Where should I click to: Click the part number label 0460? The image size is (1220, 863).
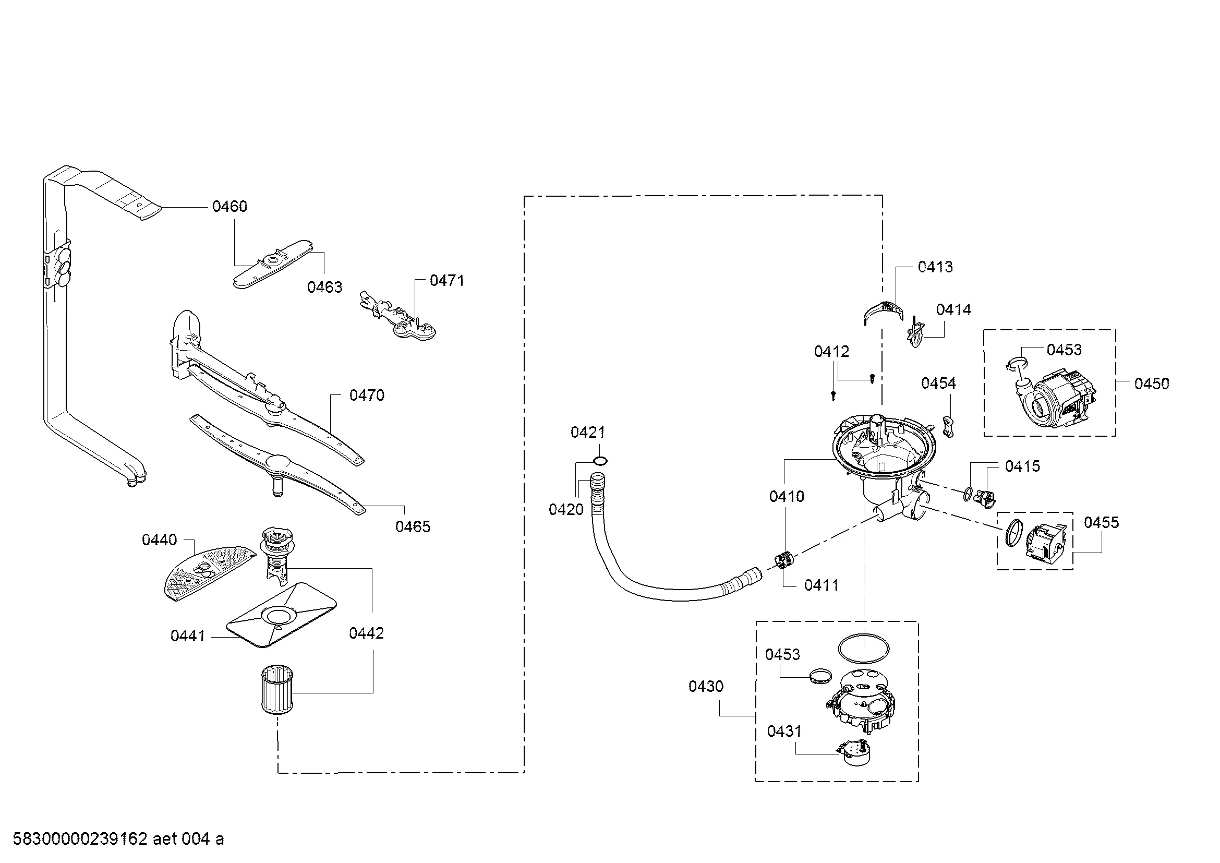229,206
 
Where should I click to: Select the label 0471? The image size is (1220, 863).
447,281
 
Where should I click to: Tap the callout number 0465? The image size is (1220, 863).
413,526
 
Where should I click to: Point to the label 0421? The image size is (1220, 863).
588,433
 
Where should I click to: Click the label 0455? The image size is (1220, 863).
1102,522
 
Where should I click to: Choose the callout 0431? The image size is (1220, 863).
784,731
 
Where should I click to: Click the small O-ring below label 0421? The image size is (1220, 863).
600,461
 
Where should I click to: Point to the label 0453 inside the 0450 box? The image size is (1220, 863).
1065,350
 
